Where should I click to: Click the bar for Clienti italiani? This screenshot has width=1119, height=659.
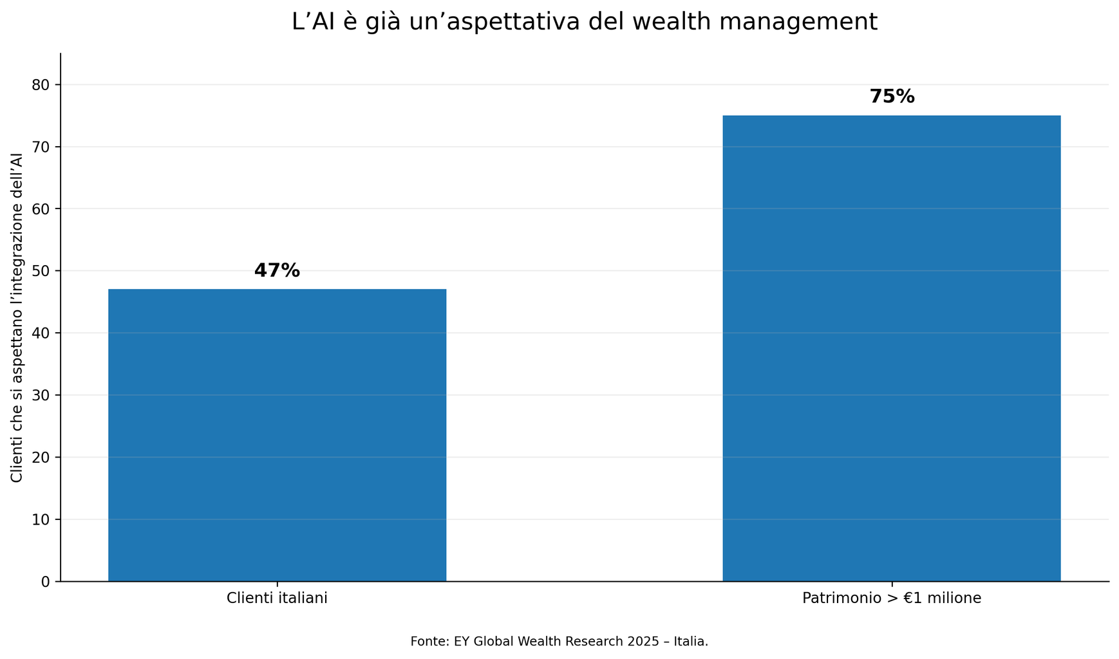point(277,435)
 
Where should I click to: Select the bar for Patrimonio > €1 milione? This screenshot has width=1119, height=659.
point(891,348)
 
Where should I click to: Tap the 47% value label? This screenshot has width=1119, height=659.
point(277,271)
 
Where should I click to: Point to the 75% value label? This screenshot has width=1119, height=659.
point(892,97)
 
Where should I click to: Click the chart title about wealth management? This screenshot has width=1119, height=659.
point(584,22)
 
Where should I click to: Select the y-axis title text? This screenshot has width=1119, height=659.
point(17,318)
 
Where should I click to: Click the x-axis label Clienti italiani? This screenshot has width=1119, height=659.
point(277,599)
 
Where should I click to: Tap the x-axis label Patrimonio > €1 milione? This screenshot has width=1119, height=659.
point(892,599)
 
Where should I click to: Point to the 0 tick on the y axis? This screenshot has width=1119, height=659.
point(45,582)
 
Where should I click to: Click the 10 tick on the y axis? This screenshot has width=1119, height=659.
point(41,519)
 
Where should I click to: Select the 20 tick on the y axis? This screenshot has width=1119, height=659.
point(41,458)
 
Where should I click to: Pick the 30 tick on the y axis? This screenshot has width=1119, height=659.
point(41,395)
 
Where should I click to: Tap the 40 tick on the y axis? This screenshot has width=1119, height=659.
point(41,333)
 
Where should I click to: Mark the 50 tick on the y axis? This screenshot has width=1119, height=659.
point(41,271)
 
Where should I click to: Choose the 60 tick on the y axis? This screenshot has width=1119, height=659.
point(41,209)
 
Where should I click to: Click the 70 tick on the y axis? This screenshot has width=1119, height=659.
point(41,147)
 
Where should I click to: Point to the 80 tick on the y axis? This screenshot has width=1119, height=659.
point(41,85)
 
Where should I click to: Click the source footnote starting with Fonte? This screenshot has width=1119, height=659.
point(559,642)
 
